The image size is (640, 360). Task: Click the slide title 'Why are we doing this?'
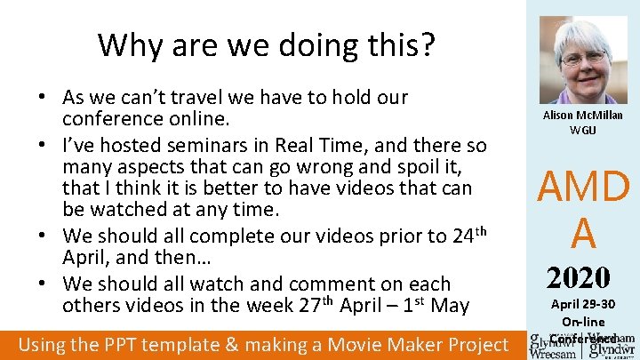(267, 44)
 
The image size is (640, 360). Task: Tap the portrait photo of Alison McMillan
(583, 61)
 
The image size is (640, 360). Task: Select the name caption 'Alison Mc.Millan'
(583, 116)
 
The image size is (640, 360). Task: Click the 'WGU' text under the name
(583, 131)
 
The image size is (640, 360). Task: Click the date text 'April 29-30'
(583, 304)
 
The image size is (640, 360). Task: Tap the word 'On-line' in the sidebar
(583, 322)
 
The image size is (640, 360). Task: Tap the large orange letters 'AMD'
(583, 188)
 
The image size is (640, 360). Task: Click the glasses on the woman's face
(582, 58)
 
